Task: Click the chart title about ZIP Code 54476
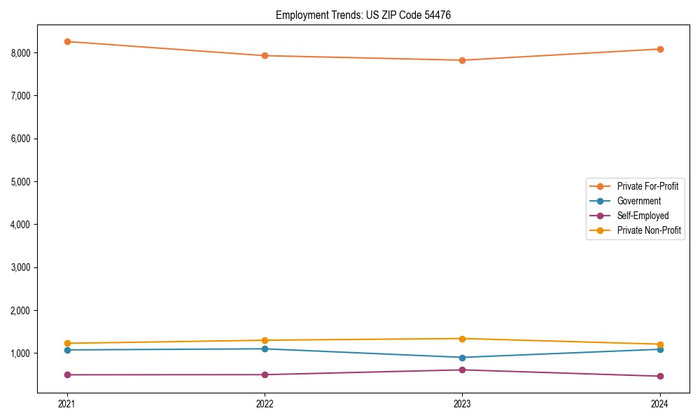pyautogui.click(x=363, y=15)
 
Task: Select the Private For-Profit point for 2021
pyautogui.click(x=67, y=41)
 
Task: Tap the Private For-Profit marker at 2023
pyautogui.click(x=462, y=60)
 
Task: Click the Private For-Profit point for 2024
pyautogui.click(x=659, y=49)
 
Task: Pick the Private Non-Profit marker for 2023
pyautogui.click(x=462, y=339)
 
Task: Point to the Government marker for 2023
pyautogui.click(x=462, y=358)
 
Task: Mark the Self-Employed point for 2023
pyautogui.click(x=462, y=370)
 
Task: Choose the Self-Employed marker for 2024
pyautogui.click(x=659, y=376)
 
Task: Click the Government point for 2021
pyautogui.click(x=67, y=350)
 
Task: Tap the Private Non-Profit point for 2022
pyautogui.click(x=265, y=340)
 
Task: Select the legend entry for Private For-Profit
pyautogui.click(x=647, y=186)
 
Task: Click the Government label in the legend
pyautogui.click(x=638, y=201)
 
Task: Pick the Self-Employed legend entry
pyautogui.click(x=643, y=216)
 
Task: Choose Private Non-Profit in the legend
pyautogui.click(x=649, y=230)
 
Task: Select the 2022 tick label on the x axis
pyautogui.click(x=265, y=403)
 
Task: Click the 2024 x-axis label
pyautogui.click(x=659, y=403)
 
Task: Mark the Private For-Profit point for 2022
pyautogui.click(x=265, y=55)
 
